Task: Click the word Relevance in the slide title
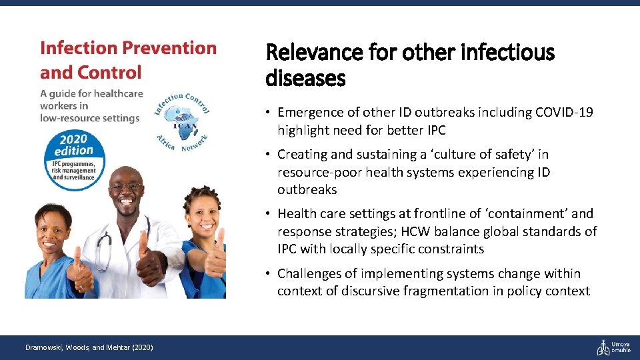(307, 52)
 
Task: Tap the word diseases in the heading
(305, 79)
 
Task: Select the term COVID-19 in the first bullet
(564, 113)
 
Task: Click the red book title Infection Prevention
(128, 49)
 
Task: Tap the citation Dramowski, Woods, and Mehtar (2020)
(89, 347)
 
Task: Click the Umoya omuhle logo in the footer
(613, 347)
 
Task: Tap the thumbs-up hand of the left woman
(80, 270)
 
